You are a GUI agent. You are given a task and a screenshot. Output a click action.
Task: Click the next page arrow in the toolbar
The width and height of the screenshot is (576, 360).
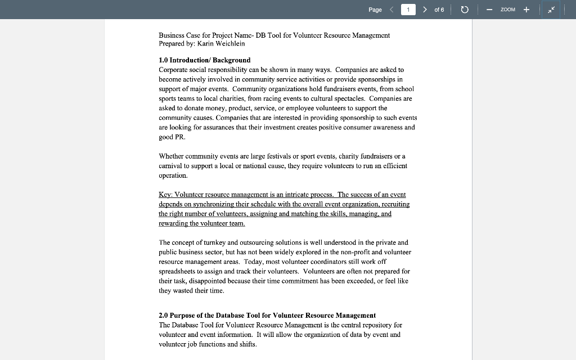[x=425, y=10]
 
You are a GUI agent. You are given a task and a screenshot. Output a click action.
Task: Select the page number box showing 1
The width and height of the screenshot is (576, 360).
[x=408, y=10]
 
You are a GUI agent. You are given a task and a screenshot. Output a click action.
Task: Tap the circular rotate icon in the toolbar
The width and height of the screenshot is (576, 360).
[x=465, y=10]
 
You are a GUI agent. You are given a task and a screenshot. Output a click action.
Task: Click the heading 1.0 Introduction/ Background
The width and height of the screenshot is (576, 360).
[x=205, y=60]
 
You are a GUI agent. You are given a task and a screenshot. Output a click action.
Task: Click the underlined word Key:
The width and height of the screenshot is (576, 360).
[x=166, y=195]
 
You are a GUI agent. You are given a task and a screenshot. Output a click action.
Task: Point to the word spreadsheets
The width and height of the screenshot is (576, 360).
[x=179, y=271]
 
